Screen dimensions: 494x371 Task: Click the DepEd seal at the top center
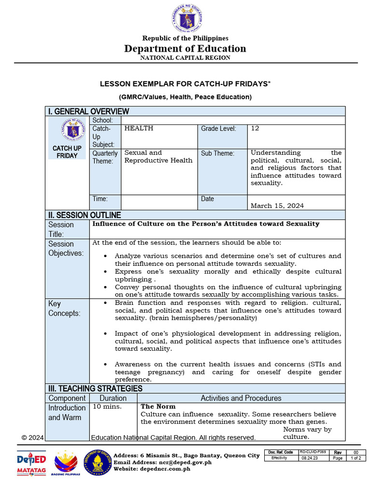pos(185,18)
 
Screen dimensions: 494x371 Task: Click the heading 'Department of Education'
pos(185,48)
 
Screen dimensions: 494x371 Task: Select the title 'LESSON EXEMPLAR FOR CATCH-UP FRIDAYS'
pos(185,83)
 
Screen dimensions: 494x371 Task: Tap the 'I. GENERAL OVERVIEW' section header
pos(88,111)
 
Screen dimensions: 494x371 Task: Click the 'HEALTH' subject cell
pos(139,128)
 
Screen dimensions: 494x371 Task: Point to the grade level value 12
pos(255,128)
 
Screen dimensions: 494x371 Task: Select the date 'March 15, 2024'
pos(277,206)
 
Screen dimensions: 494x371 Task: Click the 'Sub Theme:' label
pos(217,153)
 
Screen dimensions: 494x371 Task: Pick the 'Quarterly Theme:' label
pos(105,157)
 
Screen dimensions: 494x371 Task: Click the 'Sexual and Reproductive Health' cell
pos(158,156)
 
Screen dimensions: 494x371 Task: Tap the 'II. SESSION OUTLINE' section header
pos(85,215)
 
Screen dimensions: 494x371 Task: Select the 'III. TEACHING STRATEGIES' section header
pos(95,388)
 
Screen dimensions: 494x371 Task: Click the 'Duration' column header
pos(113,398)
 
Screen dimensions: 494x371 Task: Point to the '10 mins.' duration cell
pos(107,407)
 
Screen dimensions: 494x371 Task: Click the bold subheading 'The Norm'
pos(158,407)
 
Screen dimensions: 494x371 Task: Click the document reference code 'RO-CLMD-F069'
pos(313,452)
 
